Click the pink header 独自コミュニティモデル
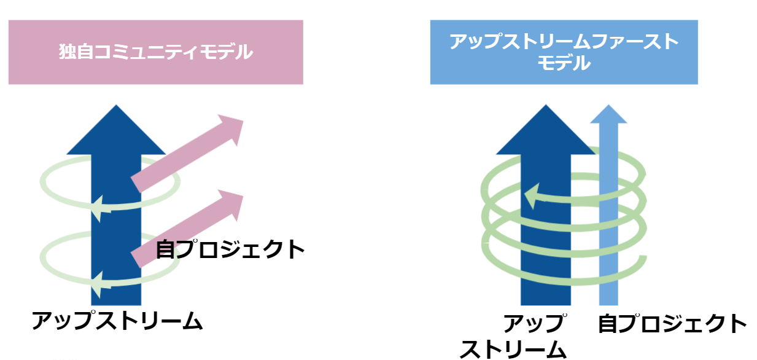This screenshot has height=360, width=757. click(x=155, y=52)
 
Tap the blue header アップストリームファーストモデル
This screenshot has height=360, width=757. click(x=564, y=52)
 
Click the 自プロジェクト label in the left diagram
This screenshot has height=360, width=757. click(x=230, y=249)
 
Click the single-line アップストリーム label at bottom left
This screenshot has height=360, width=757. click(x=117, y=321)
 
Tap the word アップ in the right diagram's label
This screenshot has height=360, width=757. click(x=533, y=323)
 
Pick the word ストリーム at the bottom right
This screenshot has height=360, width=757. click(x=513, y=349)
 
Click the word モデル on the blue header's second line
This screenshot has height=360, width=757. click(x=564, y=63)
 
